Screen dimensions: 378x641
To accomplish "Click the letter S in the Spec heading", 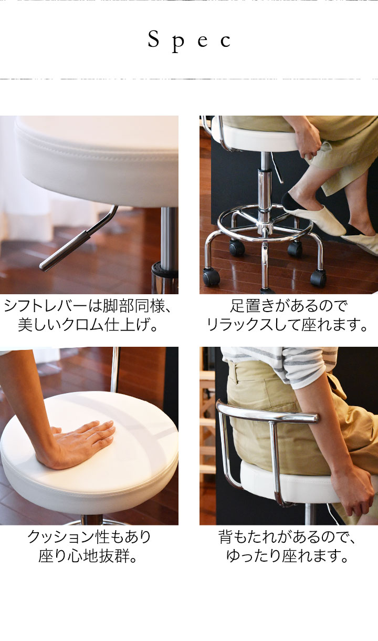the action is pyautogui.click(x=153, y=39).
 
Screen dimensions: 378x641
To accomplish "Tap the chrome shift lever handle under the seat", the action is pyautogui.click(x=64, y=251).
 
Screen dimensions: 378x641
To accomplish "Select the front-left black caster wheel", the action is pyautogui.click(x=211, y=276).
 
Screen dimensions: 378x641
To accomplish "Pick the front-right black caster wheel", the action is pyautogui.click(x=318, y=277).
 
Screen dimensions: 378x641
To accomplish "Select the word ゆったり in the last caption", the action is pyautogui.click(x=254, y=556).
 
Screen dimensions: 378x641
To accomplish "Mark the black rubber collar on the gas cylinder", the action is pyautogui.click(x=165, y=270).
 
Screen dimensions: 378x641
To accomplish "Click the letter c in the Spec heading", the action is pyautogui.click(x=225, y=42).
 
